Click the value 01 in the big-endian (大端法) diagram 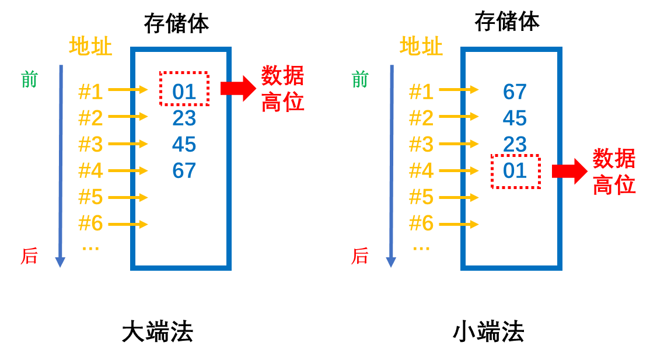pyautogui.click(x=184, y=92)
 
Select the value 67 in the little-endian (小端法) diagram pyautogui.click(x=515, y=92)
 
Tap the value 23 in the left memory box pyautogui.click(x=184, y=118)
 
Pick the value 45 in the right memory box pyautogui.click(x=515, y=118)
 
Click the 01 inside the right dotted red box pyautogui.click(x=515, y=170)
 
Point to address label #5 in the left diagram pyautogui.click(x=90, y=197)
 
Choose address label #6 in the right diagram pyautogui.click(x=421, y=223)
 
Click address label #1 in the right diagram pyautogui.click(x=421, y=92)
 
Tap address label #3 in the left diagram pyautogui.click(x=90, y=144)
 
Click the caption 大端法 pyautogui.click(x=158, y=332)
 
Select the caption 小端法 pyautogui.click(x=488, y=332)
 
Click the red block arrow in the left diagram pyautogui.click(x=239, y=88)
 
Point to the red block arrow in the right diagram pyautogui.click(x=569, y=171)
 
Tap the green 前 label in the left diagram pyautogui.click(x=29, y=79)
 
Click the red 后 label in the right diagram pyautogui.click(x=360, y=256)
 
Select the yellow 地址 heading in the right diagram pyautogui.click(x=421, y=46)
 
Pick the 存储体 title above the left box pyautogui.click(x=177, y=23)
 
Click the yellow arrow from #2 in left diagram pyautogui.click(x=128, y=117)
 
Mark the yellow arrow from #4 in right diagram pyautogui.click(x=459, y=170)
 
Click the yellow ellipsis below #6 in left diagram pyautogui.click(x=90, y=249)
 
